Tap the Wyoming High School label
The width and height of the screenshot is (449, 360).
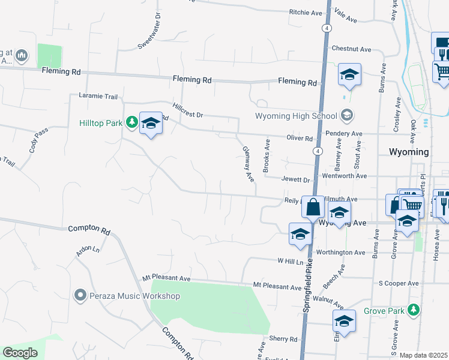[x=297, y=115]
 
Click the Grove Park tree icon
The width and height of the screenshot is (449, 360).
[x=412, y=310]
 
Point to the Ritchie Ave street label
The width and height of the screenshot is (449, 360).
[x=306, y=13]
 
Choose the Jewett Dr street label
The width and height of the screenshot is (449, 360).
[x=295, y=179]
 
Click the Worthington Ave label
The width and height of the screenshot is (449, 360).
[x=341, y=253]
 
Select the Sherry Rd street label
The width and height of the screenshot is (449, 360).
[x=283, y=339]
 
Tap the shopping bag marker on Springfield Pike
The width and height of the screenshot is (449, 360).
[x=313, y=208]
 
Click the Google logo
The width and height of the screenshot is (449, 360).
[x=20, y=353]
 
